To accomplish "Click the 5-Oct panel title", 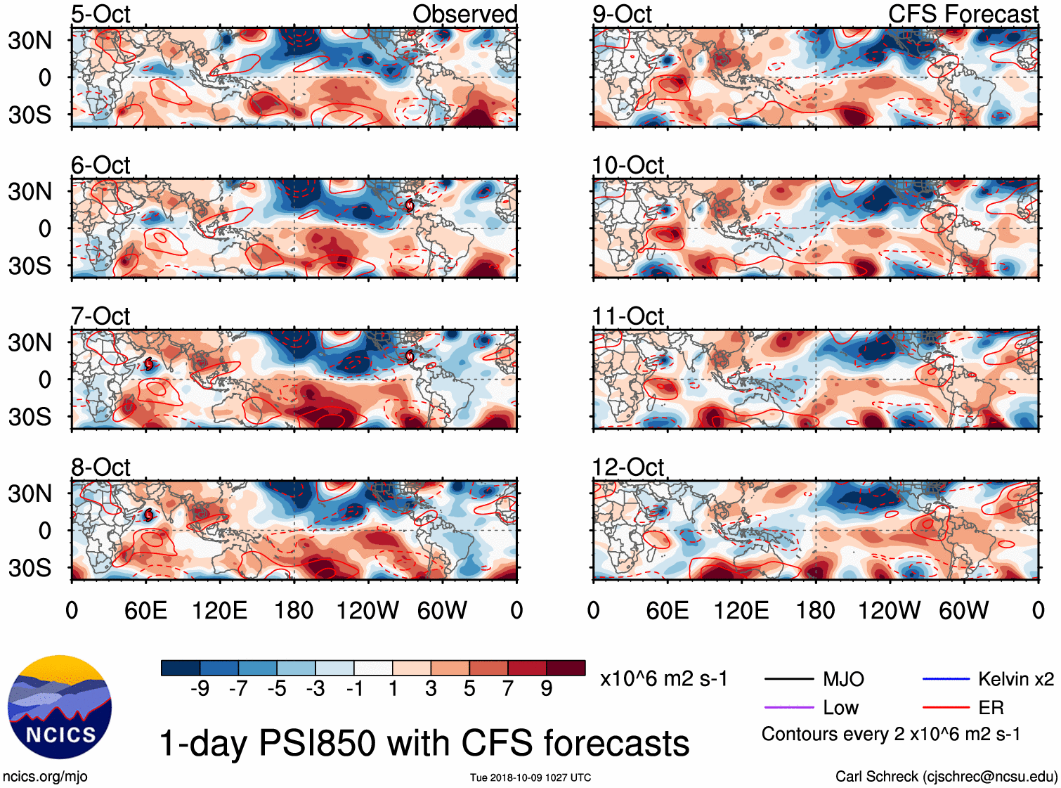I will [x=100, y=14].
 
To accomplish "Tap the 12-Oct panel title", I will [x=627, y=467].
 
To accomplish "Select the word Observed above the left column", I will [x=464, y=14].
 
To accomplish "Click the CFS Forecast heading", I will [x=963, y=14].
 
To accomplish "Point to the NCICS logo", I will [x=60, y=707].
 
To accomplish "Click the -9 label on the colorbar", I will [x=200, y=689].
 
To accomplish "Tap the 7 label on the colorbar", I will [x=508, y=689].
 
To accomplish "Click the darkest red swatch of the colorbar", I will [x=566, y=668].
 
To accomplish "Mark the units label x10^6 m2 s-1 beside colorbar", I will [x=663, y=679].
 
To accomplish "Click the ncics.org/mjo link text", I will [x=45, y=777].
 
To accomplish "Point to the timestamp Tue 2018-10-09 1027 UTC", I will [x=530, y=777].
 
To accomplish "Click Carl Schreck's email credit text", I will [x=946, y=777].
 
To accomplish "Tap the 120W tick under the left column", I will [x=367, y=610].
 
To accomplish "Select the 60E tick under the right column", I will [x=667, y=610].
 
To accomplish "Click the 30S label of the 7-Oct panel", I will [x=30, y=417].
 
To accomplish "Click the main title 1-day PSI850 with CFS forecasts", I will [x=424, y=743].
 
